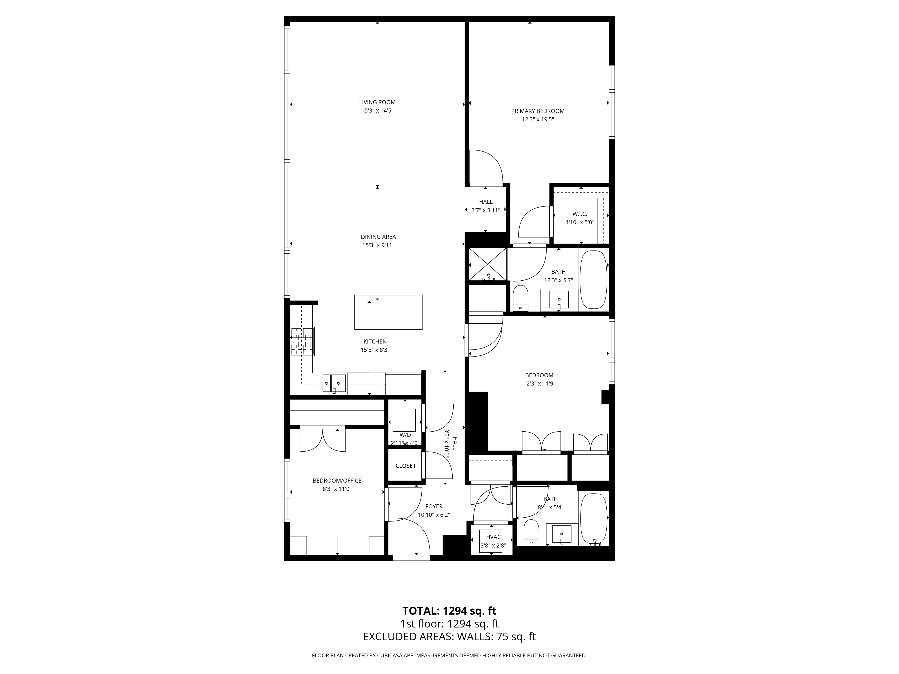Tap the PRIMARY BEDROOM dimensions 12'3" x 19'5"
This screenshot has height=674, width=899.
click(x=538, y=120)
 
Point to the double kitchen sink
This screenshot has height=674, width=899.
click(x=334, y=383)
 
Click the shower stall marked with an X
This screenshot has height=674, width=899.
click(x=487, y=264)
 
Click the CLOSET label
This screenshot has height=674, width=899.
click(x=405, y=466)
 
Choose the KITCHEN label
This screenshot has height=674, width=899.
click(x=375, y=342)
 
